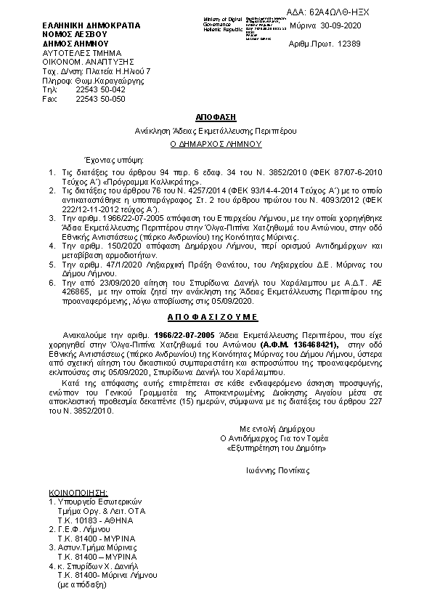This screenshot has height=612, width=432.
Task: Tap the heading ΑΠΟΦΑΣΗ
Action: [216, 117]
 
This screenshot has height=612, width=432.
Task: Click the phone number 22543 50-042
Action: [100, 89]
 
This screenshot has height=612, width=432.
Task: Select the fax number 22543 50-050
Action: [100, 98]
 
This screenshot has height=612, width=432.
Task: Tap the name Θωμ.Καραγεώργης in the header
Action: [111, 81]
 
